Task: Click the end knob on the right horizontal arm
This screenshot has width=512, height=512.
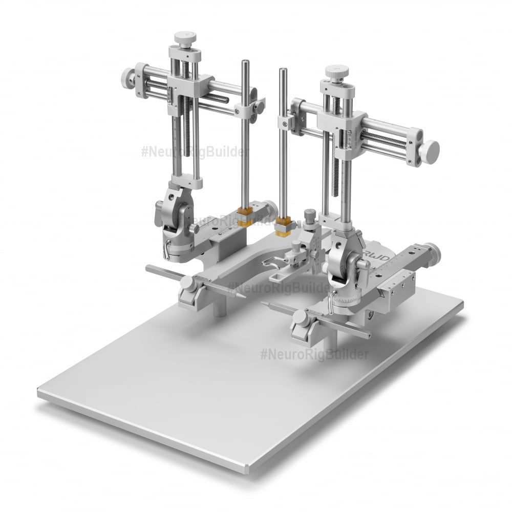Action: [431, 151]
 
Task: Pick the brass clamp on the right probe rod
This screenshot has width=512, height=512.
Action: [283, 226]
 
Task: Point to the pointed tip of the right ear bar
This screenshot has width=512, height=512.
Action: [268, 304]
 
